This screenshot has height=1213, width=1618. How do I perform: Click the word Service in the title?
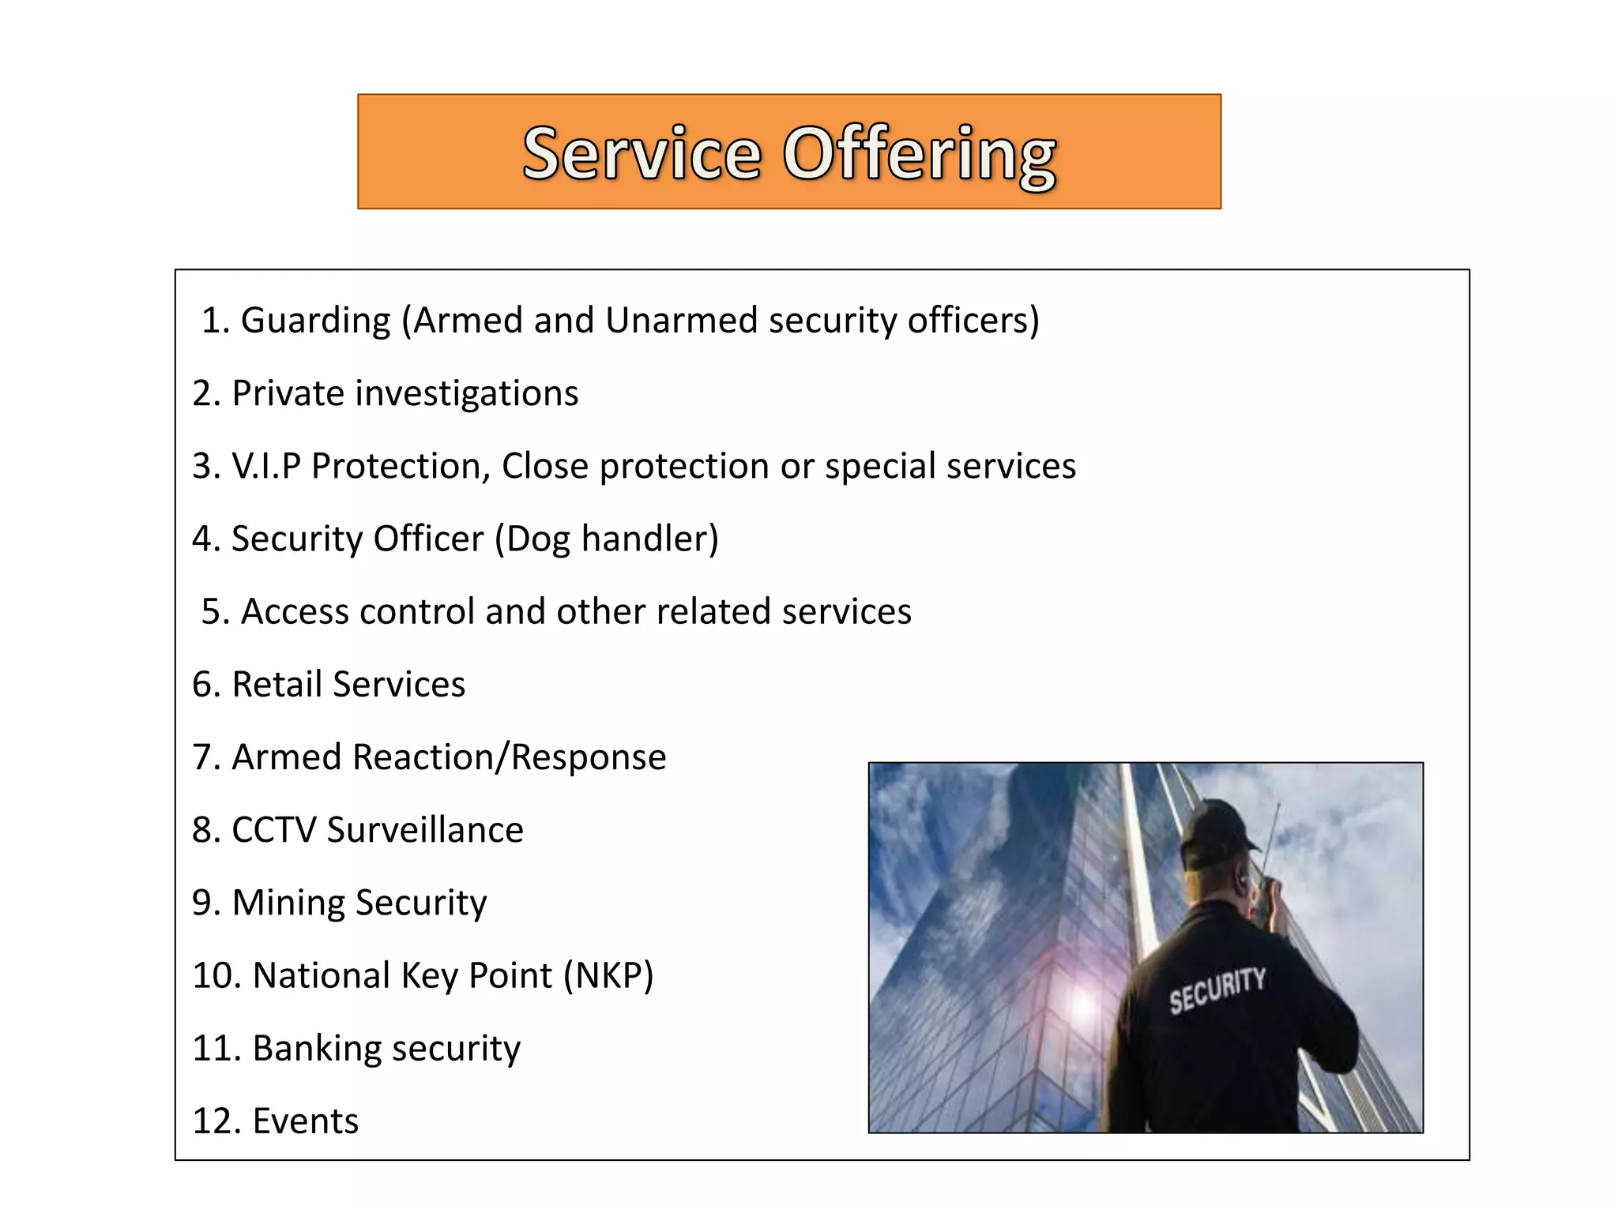pyautogui.click(x=642, y=153)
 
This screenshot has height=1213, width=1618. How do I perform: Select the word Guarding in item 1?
pyautogui.click(x=315, y=321)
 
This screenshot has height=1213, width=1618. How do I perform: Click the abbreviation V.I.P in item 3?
pyautogui.click(x=266, y=466)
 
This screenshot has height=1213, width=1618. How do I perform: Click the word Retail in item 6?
pyautogui.click(x=277, y=685)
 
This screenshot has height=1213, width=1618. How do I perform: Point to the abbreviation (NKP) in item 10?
pyautogui.click(x=608, y=976)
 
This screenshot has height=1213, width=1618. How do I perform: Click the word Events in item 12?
pyautogui.click(x=306, y=1121)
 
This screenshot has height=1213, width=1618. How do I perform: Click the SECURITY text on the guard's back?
pyautogui.click(x=1217, y=990)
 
